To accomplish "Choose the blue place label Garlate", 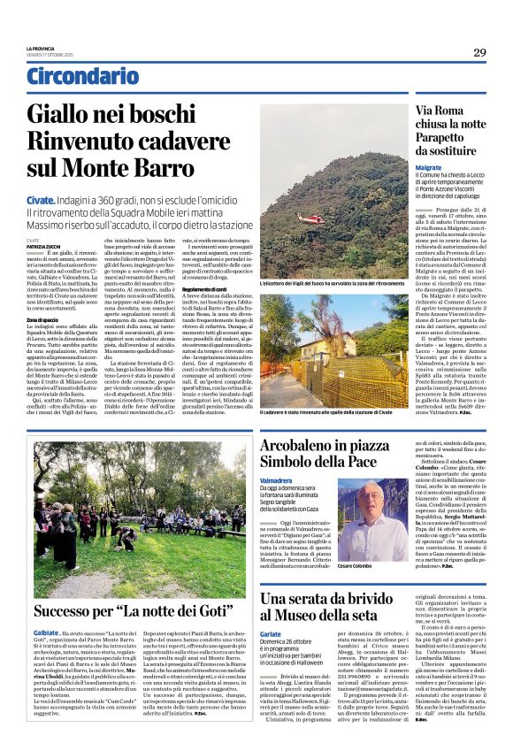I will point(273,634).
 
